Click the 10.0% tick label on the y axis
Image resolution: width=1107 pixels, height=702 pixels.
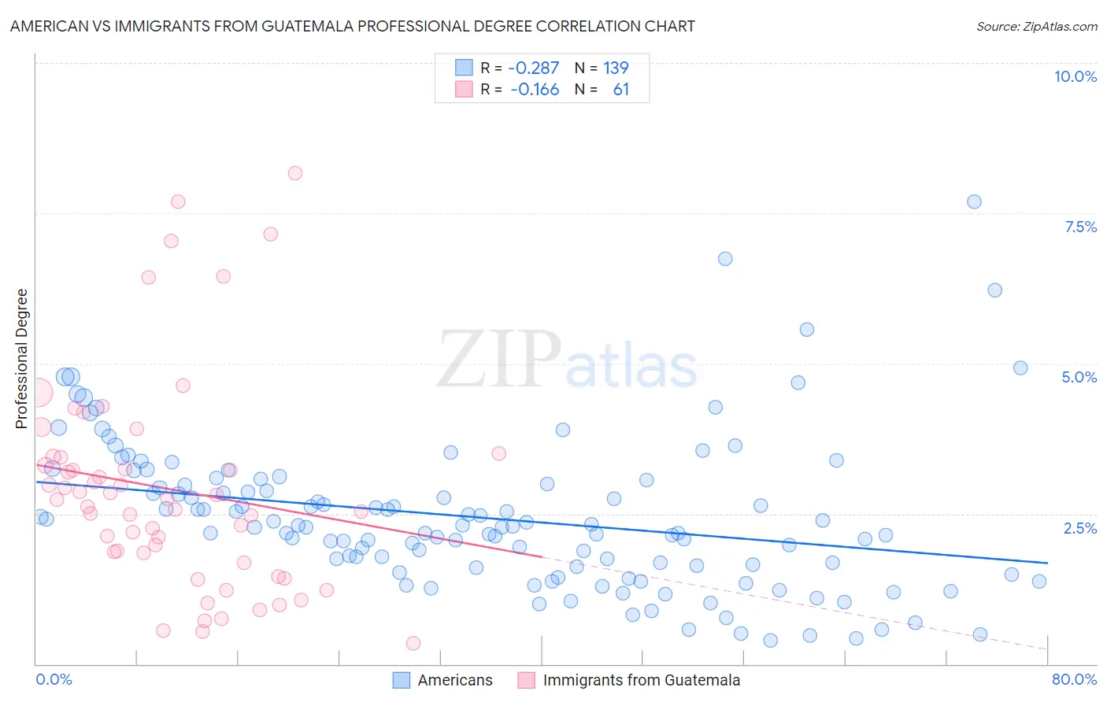[1075, 76]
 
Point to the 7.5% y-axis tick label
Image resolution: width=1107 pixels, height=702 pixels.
[1080, 227]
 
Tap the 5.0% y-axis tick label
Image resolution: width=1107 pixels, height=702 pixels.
[1079, 377]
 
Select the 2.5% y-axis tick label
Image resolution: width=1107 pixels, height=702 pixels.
[1079, 528]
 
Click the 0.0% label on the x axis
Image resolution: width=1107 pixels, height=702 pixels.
[54, 679]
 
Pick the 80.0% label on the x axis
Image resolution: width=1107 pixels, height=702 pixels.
[1074, 679]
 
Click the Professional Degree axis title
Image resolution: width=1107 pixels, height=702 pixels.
[21, 359]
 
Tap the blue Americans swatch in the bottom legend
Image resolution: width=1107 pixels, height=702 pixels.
[402, 680]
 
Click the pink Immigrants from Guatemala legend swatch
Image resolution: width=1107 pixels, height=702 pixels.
[526, 680]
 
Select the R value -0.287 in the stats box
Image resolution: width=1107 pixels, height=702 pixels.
[533, 68]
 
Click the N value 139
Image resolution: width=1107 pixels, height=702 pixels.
[616, 68]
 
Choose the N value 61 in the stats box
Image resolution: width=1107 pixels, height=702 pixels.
[620, 89]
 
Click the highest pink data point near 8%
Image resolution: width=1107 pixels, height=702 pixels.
[295, 173]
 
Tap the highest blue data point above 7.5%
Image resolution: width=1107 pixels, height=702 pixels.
[974, 201]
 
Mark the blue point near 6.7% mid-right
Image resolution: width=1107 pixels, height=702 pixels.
[725, 259]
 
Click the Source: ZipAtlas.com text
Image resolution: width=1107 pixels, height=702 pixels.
[1036, 27]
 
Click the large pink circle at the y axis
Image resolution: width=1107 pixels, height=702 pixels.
[38, 392]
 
